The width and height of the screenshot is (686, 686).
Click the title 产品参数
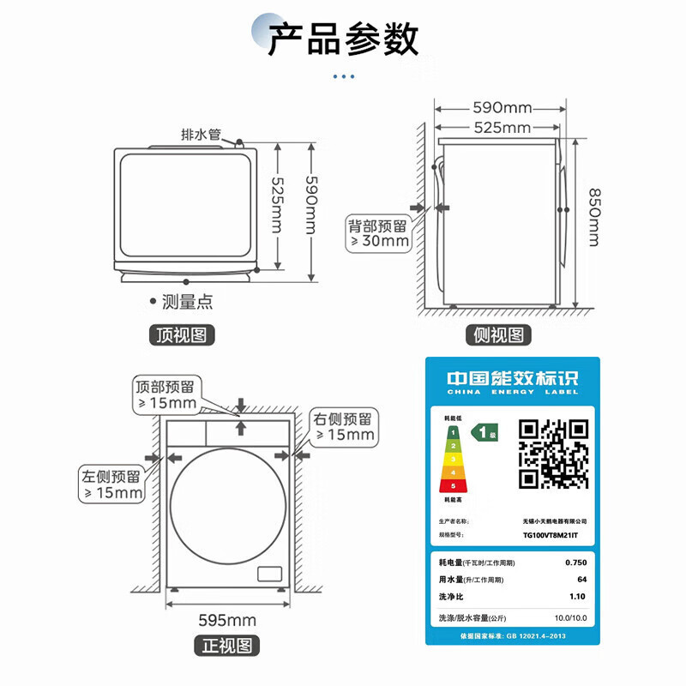[343, 39]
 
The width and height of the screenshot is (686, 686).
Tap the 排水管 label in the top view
[202, 135]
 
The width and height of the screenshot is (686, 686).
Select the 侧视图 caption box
[499, 334]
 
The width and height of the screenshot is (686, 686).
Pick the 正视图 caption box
[227, 645]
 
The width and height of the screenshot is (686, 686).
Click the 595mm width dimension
[227, 620]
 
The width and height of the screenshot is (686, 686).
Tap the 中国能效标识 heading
[513, 378]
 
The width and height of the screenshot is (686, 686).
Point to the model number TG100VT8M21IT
[551, 534]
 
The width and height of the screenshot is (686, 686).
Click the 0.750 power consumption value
[575, 563]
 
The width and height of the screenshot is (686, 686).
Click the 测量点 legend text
[187, 302]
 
